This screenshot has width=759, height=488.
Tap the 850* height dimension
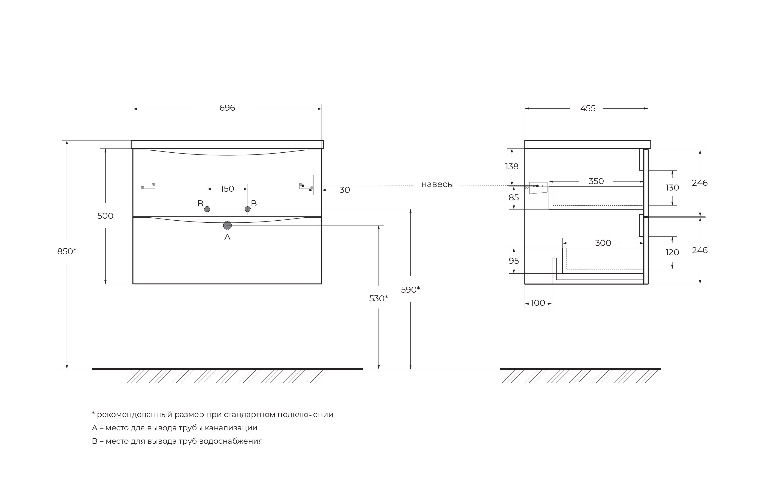(67, 251)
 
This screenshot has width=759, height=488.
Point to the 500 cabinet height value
(105, 216)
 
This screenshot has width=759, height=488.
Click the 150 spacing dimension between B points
(227, 189)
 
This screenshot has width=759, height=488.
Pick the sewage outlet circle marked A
(227, 225)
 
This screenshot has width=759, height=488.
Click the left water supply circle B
(207, 209)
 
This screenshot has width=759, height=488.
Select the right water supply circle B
(248, 209)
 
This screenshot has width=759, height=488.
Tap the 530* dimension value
(378, 298)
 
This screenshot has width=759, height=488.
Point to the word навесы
(437, 184)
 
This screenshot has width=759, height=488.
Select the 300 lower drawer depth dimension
(603, 243)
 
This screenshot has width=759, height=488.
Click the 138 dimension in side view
(512, 166)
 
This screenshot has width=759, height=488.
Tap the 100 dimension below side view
(538, 303)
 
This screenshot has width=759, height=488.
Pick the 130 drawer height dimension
(672, 188)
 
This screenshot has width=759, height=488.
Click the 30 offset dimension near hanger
(345, 190)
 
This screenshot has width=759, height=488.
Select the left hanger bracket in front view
(148, 186)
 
